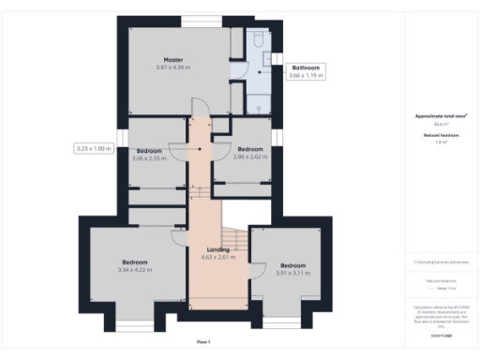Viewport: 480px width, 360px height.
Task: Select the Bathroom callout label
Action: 307,67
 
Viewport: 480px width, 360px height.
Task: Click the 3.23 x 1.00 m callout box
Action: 93,147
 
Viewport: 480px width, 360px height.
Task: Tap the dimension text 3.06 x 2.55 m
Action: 149,158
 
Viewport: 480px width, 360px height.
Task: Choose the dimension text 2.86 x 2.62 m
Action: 249,157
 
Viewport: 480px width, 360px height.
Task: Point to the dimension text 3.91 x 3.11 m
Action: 292,273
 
